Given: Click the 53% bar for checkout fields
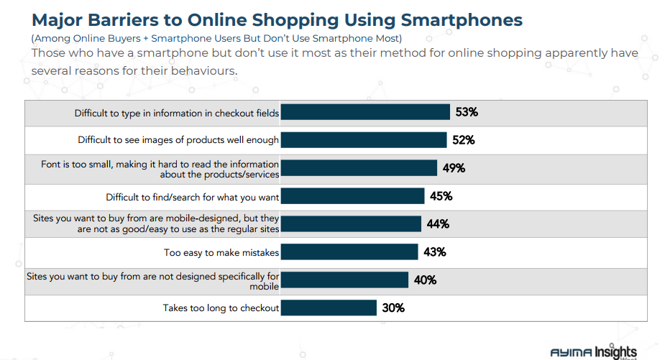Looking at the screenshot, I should [365, 112].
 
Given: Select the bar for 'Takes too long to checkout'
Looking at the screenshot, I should [328, 308].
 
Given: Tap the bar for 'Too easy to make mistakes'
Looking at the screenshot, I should [349, 251].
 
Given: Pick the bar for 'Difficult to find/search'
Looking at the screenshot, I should [352, 196].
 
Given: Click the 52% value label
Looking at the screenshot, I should [463, 140].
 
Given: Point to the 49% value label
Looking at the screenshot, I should [454, 168].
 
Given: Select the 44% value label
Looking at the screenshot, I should [438, 224].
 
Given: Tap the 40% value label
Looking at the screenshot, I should [425, 280].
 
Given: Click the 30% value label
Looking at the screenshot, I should [393, 308].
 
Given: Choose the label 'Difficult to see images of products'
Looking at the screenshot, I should [178, 140].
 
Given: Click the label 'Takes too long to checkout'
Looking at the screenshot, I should [221, 308].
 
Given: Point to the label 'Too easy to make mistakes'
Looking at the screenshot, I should [221, 252].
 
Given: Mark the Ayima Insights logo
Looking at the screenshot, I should [593, 352].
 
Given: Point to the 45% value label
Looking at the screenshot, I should [441, 196].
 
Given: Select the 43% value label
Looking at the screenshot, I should [434, 251].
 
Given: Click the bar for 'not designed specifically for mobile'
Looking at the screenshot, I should [344, 280].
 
